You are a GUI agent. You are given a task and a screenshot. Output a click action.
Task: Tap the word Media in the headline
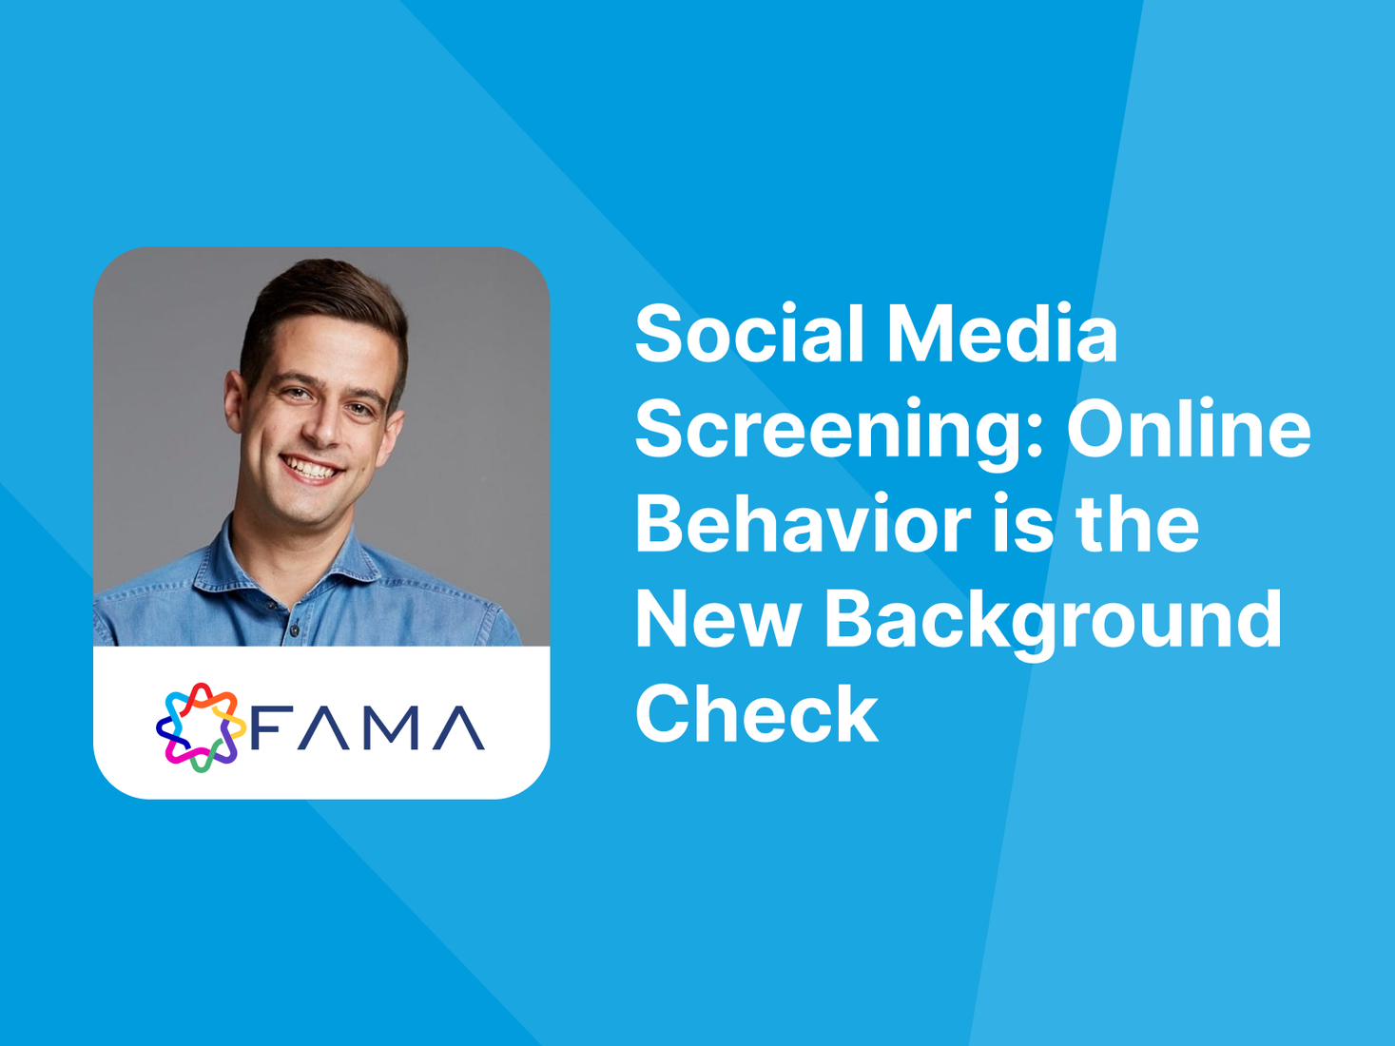click(x=1002, y=333)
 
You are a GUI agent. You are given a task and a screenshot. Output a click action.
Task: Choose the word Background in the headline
click(x=1053, y=623)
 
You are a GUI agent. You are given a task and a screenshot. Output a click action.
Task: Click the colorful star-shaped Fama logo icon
click(x=201, y=727)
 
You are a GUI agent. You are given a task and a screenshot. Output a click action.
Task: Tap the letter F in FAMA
click(x=267, y=727)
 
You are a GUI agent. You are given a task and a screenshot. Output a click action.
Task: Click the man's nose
click(x=324, y=427)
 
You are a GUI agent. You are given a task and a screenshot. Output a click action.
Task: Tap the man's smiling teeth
click(x=311, y=469)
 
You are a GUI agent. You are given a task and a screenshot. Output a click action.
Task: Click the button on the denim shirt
click(x=294, y=630)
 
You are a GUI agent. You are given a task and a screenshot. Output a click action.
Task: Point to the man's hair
click(x=324, y=305)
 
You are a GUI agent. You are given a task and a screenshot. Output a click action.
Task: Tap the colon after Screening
click(x=1034, y=432)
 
